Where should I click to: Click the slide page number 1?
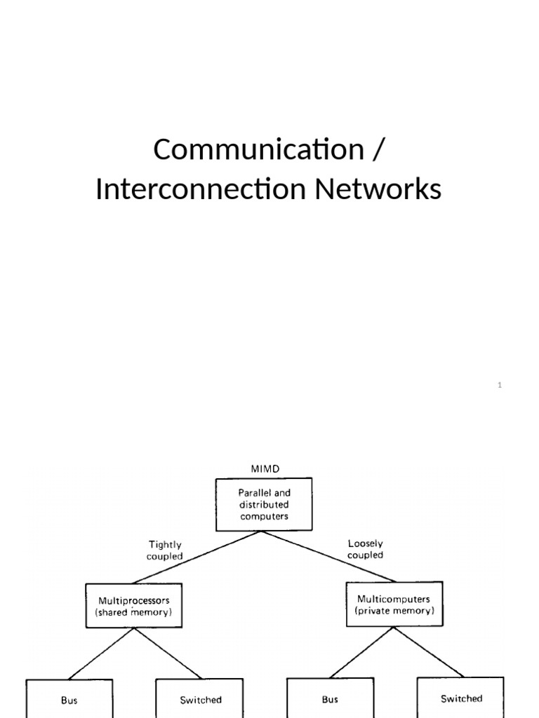500,385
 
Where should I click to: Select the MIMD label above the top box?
264,468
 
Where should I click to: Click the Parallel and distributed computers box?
264,504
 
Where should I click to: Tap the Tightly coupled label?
166,550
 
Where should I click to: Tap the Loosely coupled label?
366,548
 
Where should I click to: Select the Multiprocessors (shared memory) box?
133,606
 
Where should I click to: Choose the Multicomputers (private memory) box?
394,604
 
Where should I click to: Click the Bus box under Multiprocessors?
69,698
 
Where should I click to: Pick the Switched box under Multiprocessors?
201,698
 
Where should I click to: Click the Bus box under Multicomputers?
330,698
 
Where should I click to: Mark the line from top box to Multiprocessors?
197,557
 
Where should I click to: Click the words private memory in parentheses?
394,611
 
